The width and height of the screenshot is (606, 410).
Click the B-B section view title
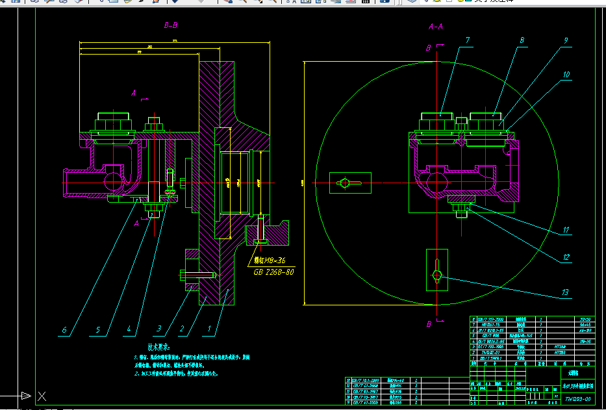pos(171,26)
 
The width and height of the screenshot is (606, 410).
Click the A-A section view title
pos(436,27)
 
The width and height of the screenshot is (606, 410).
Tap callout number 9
pos(566,41)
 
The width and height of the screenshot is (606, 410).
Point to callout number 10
pos(566,75)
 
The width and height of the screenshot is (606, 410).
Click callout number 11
pos(566,229)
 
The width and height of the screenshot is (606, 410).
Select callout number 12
pos(566,257)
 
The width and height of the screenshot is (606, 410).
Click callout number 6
pos(64,330)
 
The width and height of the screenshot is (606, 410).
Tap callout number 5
pos(98,330)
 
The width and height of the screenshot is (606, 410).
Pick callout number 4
pos(129,329)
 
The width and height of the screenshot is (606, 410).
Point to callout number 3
pos(158,329)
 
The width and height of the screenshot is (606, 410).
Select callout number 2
pos(183,329)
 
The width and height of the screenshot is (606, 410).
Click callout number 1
pos(210,329)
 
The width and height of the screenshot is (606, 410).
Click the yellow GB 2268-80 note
pos(272,272)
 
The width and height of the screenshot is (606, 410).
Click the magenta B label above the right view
pos(429,48)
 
